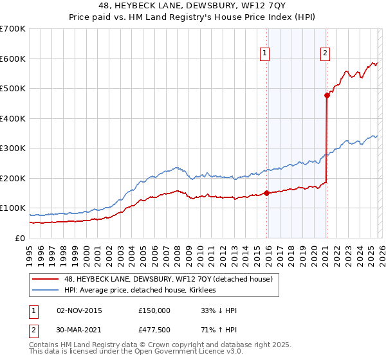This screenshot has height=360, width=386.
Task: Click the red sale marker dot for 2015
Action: [267, 193]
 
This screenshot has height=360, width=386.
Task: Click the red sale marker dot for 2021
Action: [327, 95]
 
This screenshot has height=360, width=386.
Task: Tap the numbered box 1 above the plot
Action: [264, 53]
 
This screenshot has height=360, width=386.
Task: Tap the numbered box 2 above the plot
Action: [326, 53]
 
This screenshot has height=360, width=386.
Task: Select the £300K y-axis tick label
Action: [13, 148]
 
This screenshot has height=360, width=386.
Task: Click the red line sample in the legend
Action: [45, 279]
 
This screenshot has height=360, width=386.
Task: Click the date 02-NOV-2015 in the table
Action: [79, 310]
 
